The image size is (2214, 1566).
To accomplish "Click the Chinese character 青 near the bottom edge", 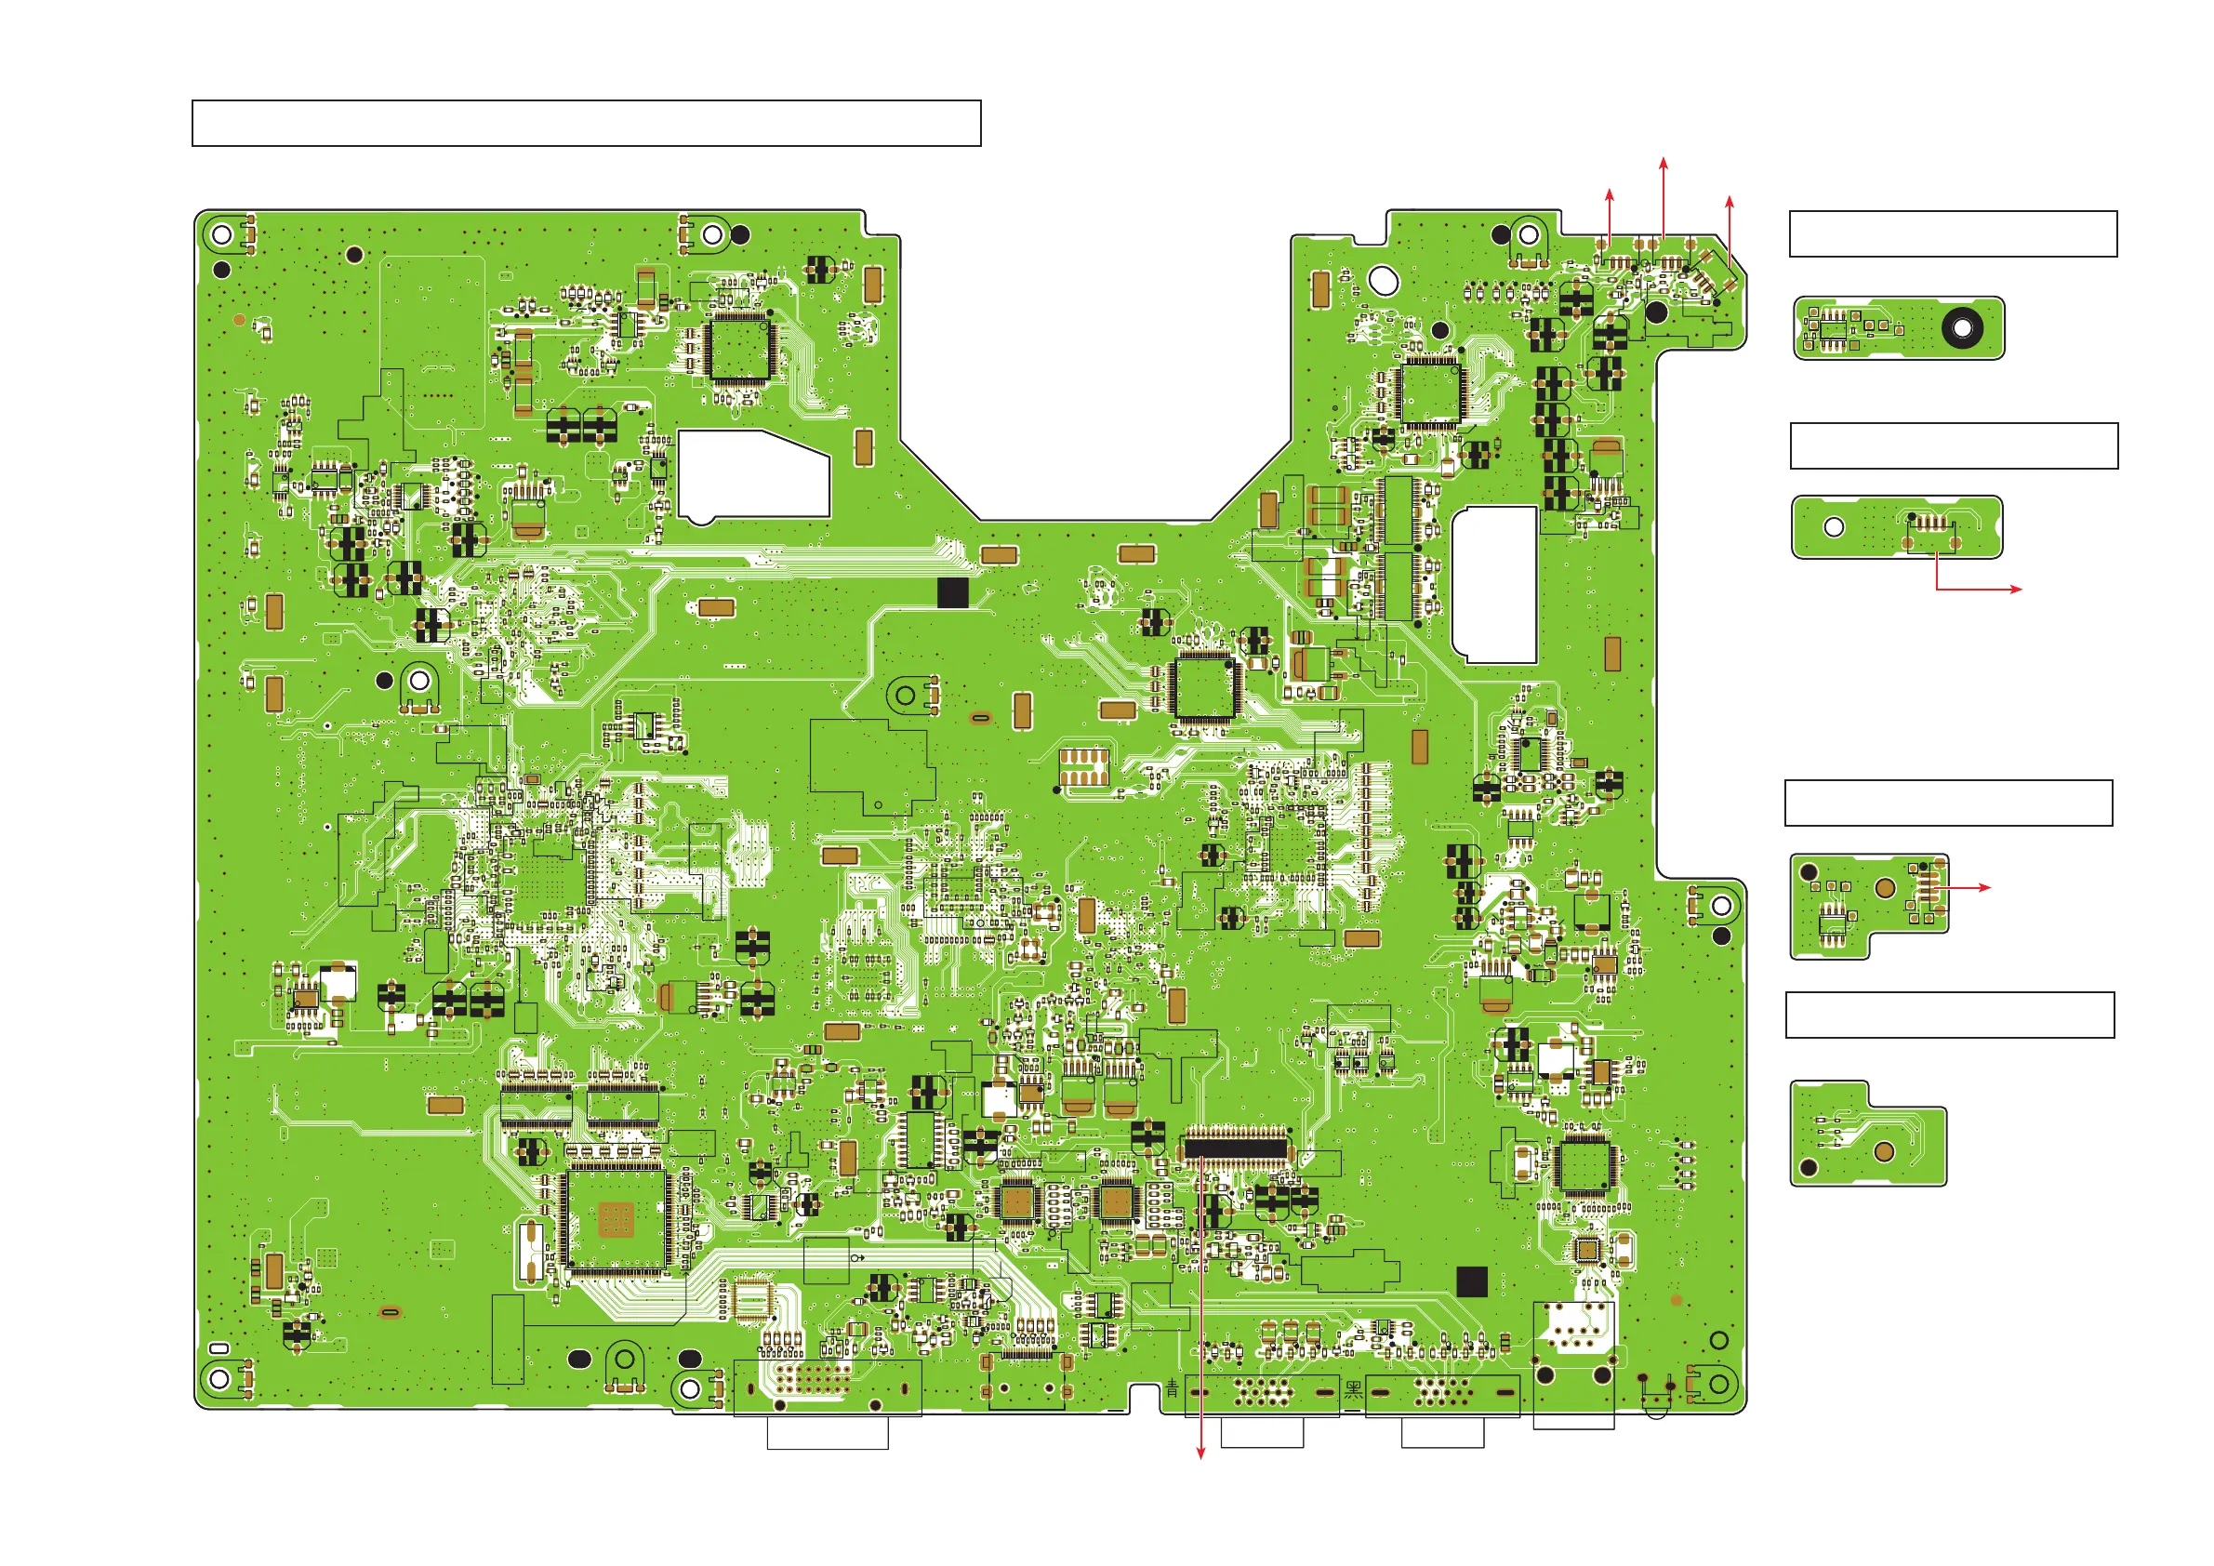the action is point(1172,1388).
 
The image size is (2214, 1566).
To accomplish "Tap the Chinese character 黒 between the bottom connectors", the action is point(1353,1389).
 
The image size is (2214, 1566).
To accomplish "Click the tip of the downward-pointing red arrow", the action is point(1200,1458).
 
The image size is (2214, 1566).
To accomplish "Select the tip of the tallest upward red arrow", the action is point(1664,157).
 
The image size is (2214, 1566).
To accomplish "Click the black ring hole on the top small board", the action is point(1961,328).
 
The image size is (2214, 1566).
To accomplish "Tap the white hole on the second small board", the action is point(1833,527).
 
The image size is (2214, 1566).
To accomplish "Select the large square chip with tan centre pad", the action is point(616,1219).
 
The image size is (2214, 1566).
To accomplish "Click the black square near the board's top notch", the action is point(953,593).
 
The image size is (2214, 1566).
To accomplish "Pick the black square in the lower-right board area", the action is point(1471,1281).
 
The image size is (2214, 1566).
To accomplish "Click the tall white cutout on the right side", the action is point(1493,584).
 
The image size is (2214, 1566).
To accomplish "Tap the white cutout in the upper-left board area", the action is point(752,475).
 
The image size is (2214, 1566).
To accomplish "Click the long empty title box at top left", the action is point(587,123).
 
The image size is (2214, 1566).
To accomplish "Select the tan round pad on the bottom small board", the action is point(1883,1150).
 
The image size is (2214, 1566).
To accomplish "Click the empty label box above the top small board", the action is point(1953,233).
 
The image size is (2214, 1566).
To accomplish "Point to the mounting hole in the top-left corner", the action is point(220,234).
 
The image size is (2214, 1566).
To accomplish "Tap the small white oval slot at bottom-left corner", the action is point(219,1348).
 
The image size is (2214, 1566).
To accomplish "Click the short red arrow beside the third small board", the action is point(1968,887).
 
